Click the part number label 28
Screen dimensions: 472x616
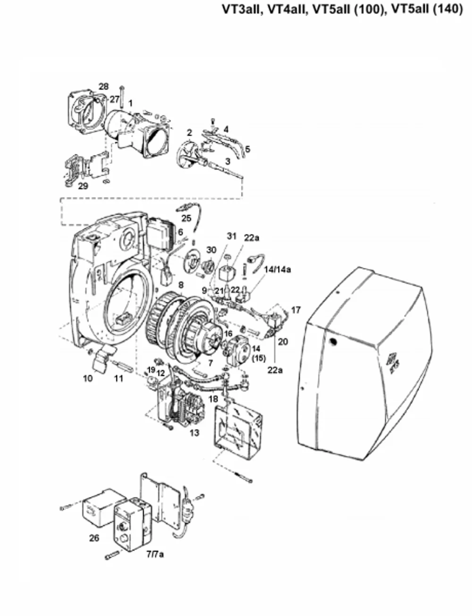[x=103, y=86]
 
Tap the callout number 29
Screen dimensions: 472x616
[x=83, y=186]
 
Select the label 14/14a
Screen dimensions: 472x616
[x=278, y=269]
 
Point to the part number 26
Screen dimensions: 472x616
[x=94, y=538]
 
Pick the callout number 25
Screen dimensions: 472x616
[x=186, y=218]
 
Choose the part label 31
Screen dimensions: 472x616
[x=231, y=236]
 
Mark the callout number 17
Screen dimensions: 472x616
[x=295, y=310]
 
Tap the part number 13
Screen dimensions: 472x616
[x=194, y=433]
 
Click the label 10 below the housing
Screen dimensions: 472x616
[x=88, y=378]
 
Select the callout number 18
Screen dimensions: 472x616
[x=213, y=399]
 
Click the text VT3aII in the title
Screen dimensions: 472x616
[x=242, y=9]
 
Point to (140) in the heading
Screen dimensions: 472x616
[x=448, y=9]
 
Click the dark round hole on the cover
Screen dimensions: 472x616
[x=333, y=342]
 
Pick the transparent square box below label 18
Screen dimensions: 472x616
[x=238, y=431]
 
